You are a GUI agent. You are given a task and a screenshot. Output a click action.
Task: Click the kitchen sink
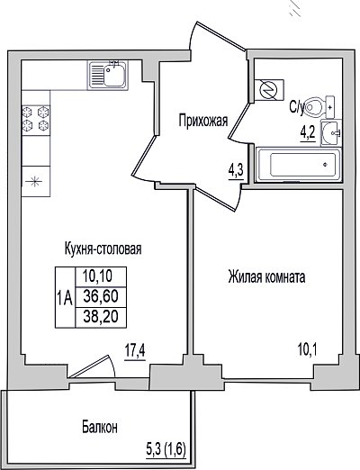tap(108, 75)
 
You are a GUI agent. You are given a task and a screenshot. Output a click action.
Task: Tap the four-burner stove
tap(36, 120)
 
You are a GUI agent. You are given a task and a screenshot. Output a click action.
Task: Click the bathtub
tap(298, 165)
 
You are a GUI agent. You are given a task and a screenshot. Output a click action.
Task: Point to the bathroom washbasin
tap(331, 132)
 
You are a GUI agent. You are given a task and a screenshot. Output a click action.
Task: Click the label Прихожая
tap(203, 121)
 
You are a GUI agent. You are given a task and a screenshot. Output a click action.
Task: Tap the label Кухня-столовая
tap(103, 249)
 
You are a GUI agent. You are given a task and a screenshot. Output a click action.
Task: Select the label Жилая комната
tap(266, 276)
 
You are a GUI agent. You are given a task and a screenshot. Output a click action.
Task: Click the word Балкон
tap(100, 427)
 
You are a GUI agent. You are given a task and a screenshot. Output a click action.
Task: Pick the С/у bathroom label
tap(297, 107)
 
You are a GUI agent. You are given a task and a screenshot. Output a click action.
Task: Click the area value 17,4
tap(135, 351)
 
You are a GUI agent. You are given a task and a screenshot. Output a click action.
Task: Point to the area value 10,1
tap(308, 349)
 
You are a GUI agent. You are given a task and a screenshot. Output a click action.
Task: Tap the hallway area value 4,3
tap(236, 172)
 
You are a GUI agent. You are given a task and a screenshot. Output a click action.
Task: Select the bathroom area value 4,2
tap(308, 133)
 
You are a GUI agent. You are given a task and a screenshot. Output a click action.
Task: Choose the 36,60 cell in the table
tap(101, 297)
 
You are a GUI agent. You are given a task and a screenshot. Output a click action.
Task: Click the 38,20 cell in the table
tap(101, 317)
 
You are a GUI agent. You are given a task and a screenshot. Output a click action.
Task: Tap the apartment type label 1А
tap(65, 299)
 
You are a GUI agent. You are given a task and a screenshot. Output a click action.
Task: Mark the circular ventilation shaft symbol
tap(269, 90)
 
